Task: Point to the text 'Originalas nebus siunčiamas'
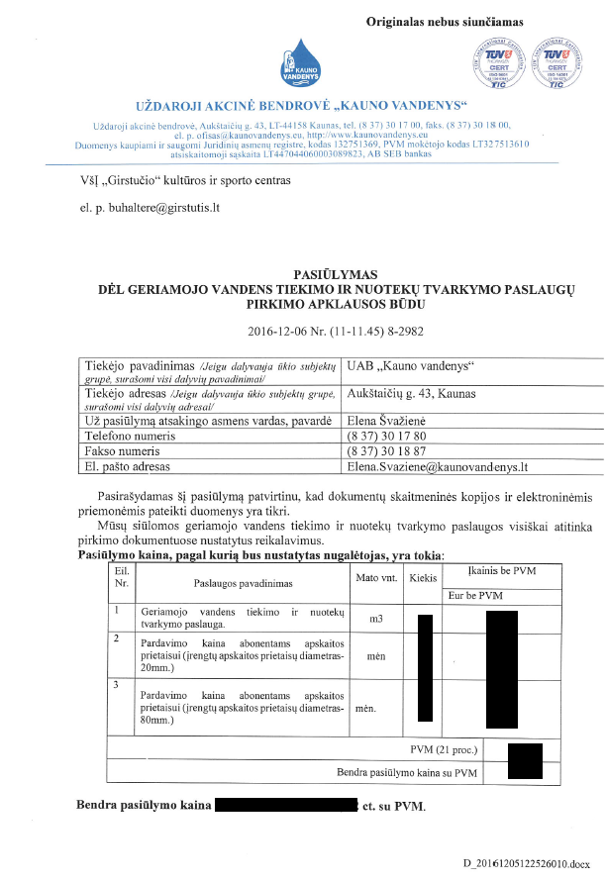445,20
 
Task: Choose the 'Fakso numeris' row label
122,450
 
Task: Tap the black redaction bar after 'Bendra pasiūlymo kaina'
284,806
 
